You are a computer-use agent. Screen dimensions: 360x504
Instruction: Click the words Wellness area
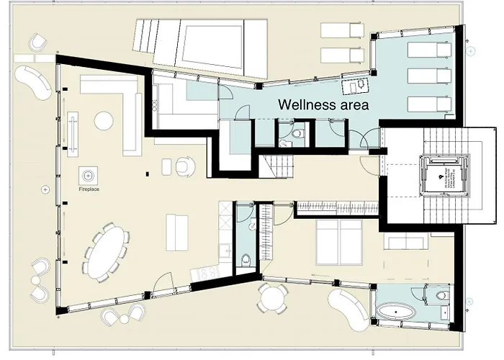[x=324, y=104]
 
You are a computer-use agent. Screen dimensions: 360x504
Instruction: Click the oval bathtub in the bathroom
[x=397, y=314]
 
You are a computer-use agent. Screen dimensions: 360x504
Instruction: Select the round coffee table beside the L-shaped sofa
[x=104, y=120]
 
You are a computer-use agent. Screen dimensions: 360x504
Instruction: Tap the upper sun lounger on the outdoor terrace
[x=342, y=30]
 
